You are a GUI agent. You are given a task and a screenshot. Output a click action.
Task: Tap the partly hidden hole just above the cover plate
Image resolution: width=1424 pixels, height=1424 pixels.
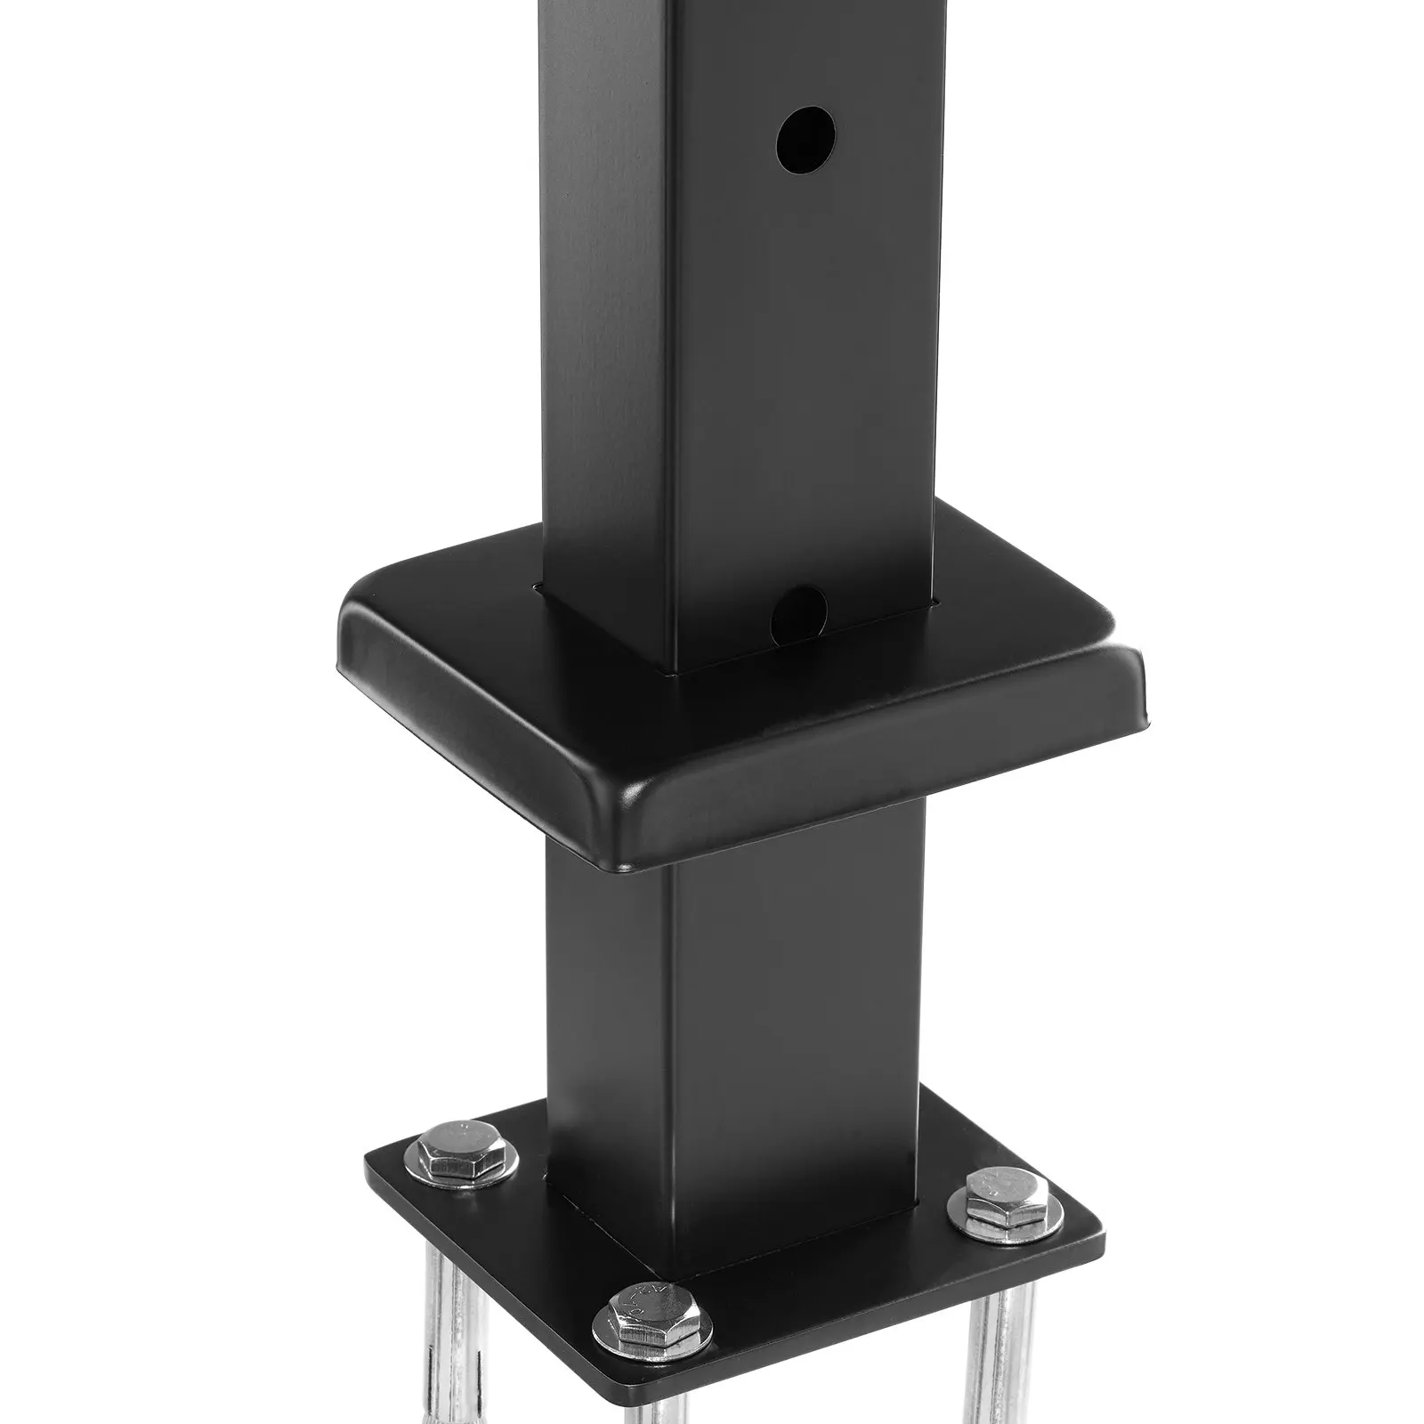800,607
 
